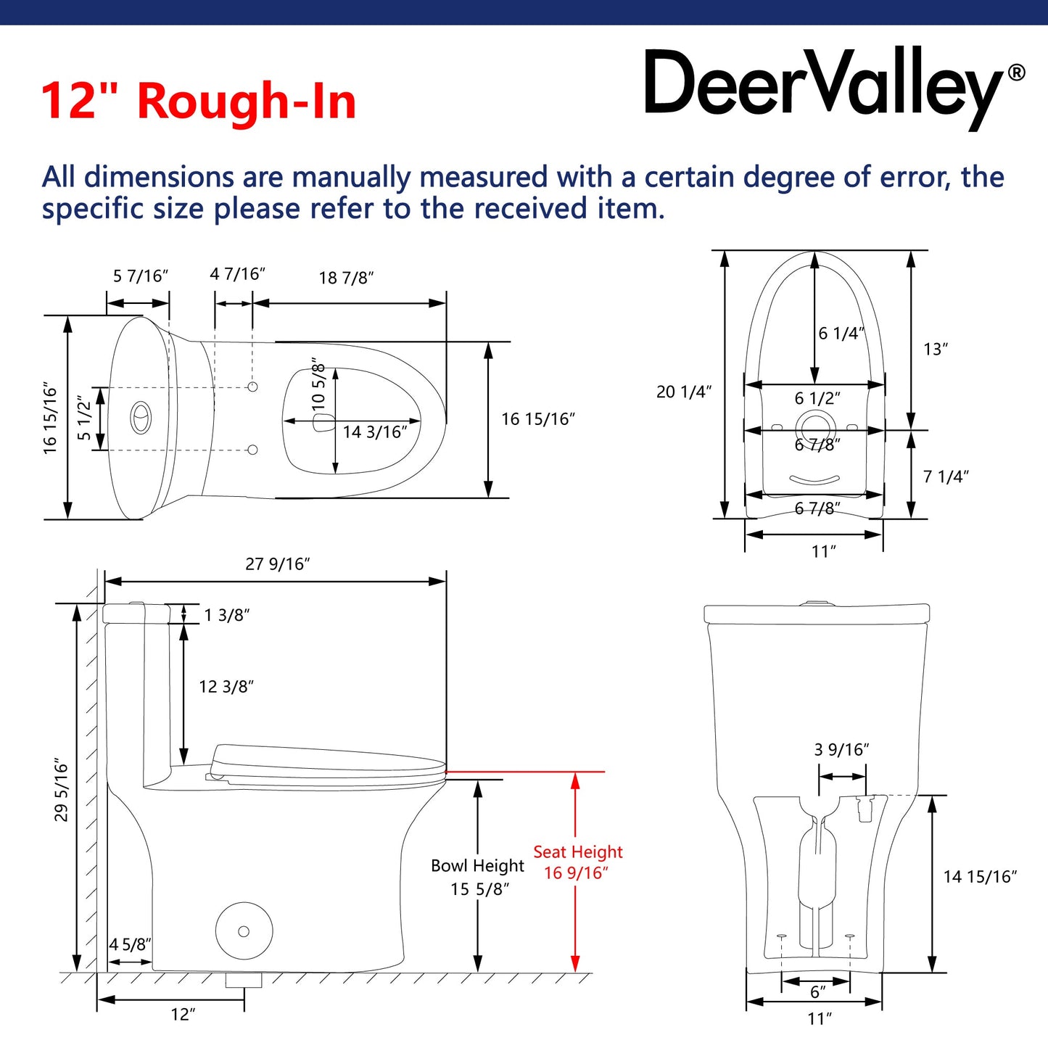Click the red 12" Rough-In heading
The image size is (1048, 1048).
click(x=199, y=101)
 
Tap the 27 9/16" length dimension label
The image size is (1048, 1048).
click(x=277, y=564)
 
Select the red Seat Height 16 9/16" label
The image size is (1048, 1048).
click(x=577, y=862)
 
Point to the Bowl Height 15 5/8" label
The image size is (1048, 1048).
click(x=478, y=877)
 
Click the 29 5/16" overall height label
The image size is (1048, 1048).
click(x=62, y=791)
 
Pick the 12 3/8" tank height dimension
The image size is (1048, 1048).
click(x=226, y=687)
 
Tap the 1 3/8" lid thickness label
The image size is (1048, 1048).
click(x=226, y=616)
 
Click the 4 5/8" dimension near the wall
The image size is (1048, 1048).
click(x=130, y=944)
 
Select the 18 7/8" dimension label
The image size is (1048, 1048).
click(x=346, y=278)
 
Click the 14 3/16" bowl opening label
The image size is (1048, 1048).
click(x=375, y=432)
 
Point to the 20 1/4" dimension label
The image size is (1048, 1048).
click(x=683, y=392)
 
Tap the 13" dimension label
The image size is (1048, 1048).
click(x=936, y=350)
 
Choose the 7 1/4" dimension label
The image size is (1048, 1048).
click(x=946, y=476)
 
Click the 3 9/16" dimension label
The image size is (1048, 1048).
click(x=841, y=750)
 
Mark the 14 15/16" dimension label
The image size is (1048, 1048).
click(x=980, y=877)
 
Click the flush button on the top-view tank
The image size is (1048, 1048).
click(x=141, y=418)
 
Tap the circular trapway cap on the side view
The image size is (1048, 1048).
click(x=244, y=931)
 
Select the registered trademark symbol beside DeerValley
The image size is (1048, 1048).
click(x=1017, y=73)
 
